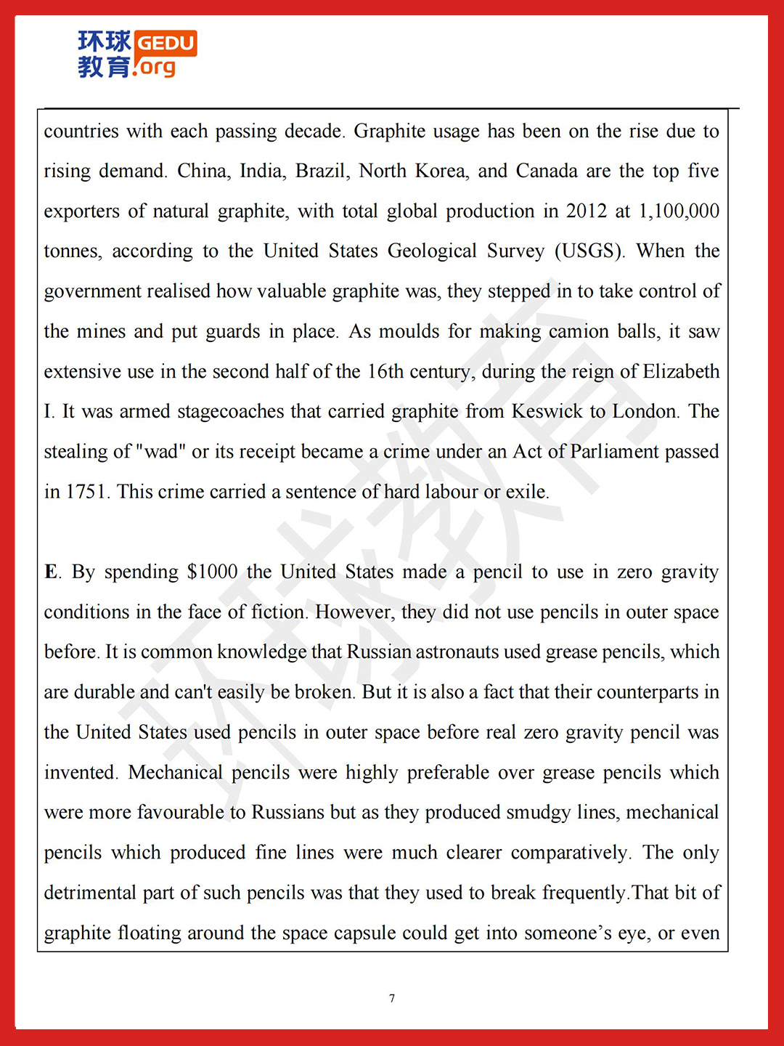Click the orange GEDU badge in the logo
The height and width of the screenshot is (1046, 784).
tap(166, 43)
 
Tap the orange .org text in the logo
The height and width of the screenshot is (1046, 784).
tap(155, 68)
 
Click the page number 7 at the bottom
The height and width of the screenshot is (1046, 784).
tap(392, 998)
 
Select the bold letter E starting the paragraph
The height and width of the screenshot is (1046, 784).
tap(51, 572)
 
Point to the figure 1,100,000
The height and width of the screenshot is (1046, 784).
tap(679, 211)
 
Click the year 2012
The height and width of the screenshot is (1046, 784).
tap(586, 211)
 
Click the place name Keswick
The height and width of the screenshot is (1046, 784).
tap(547, 411)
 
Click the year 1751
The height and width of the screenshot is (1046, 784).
tap(87, 492)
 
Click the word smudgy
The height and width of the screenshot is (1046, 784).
tap(538, 812)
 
